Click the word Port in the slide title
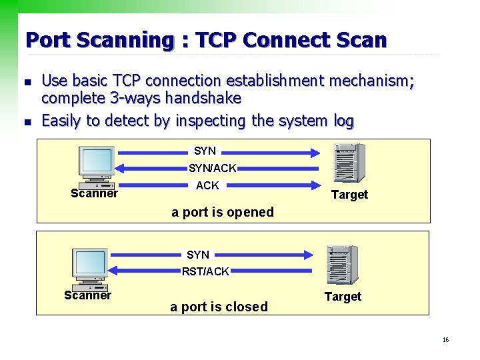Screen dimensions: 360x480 [47, 40]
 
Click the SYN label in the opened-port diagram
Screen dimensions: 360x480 [205, 151]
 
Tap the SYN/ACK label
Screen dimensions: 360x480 [212, 169]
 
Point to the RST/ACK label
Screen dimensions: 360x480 [206, 271]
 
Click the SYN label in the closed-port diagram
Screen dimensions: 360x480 [198, 255]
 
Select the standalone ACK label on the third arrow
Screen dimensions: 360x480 [207, 185]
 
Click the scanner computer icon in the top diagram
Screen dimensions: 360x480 [97, 167]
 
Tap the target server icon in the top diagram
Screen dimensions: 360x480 [349, 163]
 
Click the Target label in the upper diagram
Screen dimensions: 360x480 [349, 195]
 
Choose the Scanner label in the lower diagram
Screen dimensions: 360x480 [87, 295]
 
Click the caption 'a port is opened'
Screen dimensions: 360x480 [223, 212]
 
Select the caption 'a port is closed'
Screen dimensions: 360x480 [219, 307]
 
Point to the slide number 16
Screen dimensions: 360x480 [445, 340]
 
